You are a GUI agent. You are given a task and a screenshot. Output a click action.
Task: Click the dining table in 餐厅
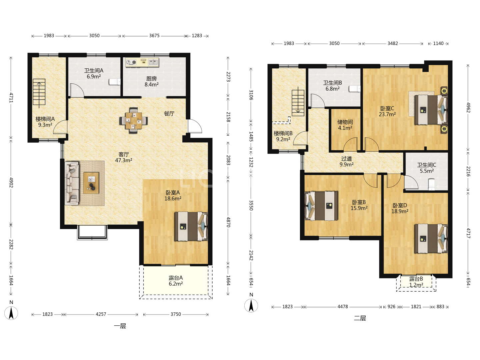coord(133,120)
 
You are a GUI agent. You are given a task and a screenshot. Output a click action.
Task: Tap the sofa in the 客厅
coord(72,183)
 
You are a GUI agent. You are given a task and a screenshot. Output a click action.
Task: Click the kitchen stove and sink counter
coord(142,62)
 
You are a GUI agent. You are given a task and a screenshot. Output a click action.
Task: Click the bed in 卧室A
coord(191,226)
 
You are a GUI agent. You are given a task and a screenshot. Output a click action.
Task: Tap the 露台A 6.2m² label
coord(176,281)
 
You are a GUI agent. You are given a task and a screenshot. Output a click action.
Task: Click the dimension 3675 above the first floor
coord(154,36)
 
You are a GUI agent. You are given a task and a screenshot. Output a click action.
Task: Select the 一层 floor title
coord(120,326)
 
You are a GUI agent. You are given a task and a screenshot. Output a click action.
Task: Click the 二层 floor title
coord(360,318)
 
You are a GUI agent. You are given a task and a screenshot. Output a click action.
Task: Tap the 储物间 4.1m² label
coord(345,125)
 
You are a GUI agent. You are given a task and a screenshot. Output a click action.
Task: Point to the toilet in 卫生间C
coord(431,185)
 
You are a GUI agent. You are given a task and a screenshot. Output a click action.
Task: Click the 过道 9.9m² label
coord(346,162)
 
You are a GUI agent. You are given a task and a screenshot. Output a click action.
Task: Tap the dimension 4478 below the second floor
coord(342,307)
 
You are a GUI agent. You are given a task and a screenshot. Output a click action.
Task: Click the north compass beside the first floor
coord(11,313)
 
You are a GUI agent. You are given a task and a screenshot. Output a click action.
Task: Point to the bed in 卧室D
coord(431,239)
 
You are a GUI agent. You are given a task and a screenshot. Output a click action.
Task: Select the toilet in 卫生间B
coord(354,89)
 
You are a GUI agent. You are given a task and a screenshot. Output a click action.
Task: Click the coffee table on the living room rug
coord(91,183)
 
